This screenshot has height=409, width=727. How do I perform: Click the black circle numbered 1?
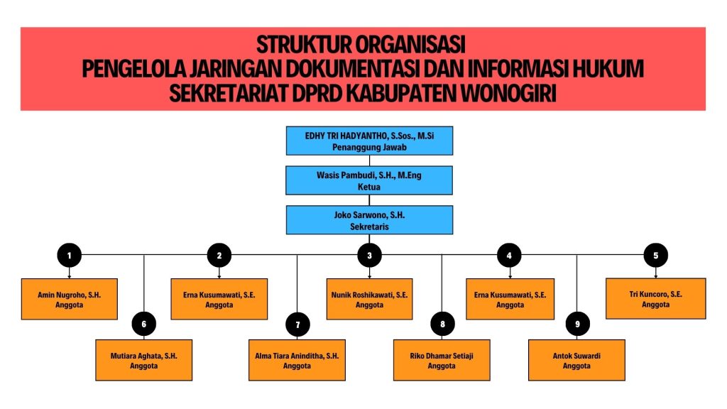click(69, 255)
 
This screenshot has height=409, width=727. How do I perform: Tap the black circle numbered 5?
click(655, 255)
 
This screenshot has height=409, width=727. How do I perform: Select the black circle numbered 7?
click(297, 325)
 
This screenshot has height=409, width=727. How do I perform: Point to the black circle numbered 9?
click(577, 325)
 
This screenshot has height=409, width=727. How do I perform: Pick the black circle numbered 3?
click(369, 255)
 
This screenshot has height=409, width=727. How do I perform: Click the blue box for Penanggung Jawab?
click(369, 141)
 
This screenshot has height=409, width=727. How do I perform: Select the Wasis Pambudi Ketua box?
click(369, 180)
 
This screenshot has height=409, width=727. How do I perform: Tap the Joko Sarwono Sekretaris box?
click(369, 219)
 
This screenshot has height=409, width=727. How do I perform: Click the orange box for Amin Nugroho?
click(70, 299)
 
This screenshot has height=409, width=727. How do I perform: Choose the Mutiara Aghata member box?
click(144, 360)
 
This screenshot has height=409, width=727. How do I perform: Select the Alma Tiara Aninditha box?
click(297, 360)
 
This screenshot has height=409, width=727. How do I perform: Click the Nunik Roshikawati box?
click(369, 299)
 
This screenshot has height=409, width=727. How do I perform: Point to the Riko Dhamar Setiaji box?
click(442, 360)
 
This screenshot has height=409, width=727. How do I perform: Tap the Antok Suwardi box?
click(576, 360)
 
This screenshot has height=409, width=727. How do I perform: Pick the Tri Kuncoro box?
click(655, 298)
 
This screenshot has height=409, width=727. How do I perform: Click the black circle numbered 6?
click(144, 325)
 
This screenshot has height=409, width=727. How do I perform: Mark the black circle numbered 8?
click(442, 325)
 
